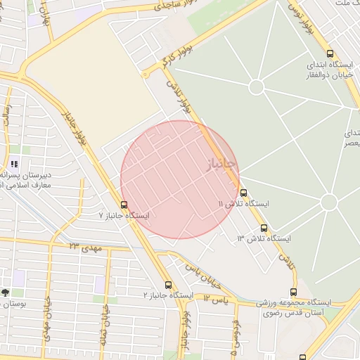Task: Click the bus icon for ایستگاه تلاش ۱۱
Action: coord(243,193)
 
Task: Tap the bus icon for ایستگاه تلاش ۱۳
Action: coord(264,228)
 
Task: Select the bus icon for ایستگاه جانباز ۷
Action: coord(124,205)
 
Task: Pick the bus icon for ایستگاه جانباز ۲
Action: coord(168,285)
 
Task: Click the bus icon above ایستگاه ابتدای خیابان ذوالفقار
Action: coord(330,53)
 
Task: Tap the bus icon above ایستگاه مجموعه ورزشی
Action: coord(293,292)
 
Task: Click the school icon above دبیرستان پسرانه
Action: coord(15,165)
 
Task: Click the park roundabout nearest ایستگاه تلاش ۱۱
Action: coord(328,202)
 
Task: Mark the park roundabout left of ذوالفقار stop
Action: coord(256,86)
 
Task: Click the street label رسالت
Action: coord(8,117)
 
